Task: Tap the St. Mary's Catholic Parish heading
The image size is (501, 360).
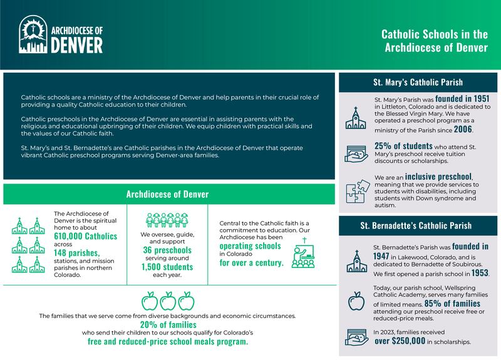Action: [418, 81]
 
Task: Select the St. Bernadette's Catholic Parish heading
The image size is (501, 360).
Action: [418, 225]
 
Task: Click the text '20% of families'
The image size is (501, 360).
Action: [167, 324]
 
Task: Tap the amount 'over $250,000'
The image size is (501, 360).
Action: [409, 342]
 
